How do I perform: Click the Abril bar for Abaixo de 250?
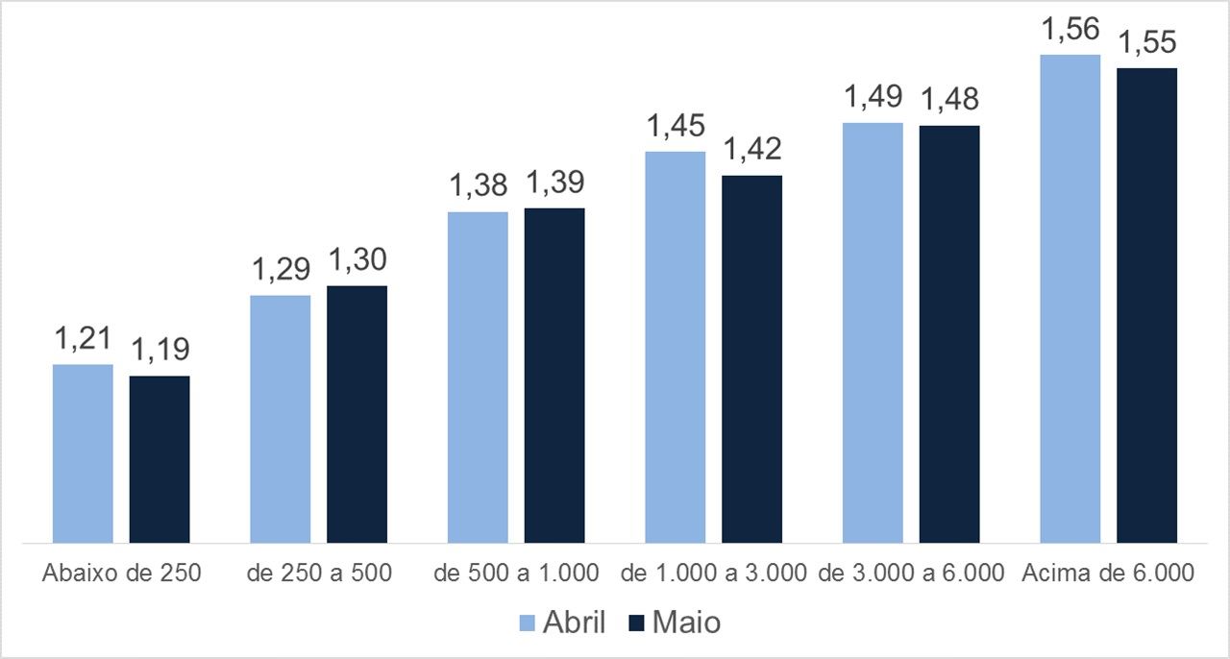83,453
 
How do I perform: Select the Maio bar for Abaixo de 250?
160,459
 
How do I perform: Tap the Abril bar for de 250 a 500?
280,419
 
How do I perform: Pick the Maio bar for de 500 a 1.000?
554,376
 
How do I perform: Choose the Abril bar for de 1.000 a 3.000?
675,347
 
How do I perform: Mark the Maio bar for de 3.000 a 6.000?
949,334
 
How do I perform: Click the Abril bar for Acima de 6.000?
1070,299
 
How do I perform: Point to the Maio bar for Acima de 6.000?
1146,305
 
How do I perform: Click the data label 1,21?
83,339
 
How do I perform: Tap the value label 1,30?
357,260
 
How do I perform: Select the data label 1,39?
554,183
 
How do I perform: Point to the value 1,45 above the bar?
675,126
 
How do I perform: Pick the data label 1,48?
949,100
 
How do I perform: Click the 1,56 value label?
1070,30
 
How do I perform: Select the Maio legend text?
686,622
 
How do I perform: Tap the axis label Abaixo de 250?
122,574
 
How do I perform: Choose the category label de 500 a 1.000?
517,574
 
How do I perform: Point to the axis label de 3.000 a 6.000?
912,574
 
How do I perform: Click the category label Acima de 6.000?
1109,574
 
